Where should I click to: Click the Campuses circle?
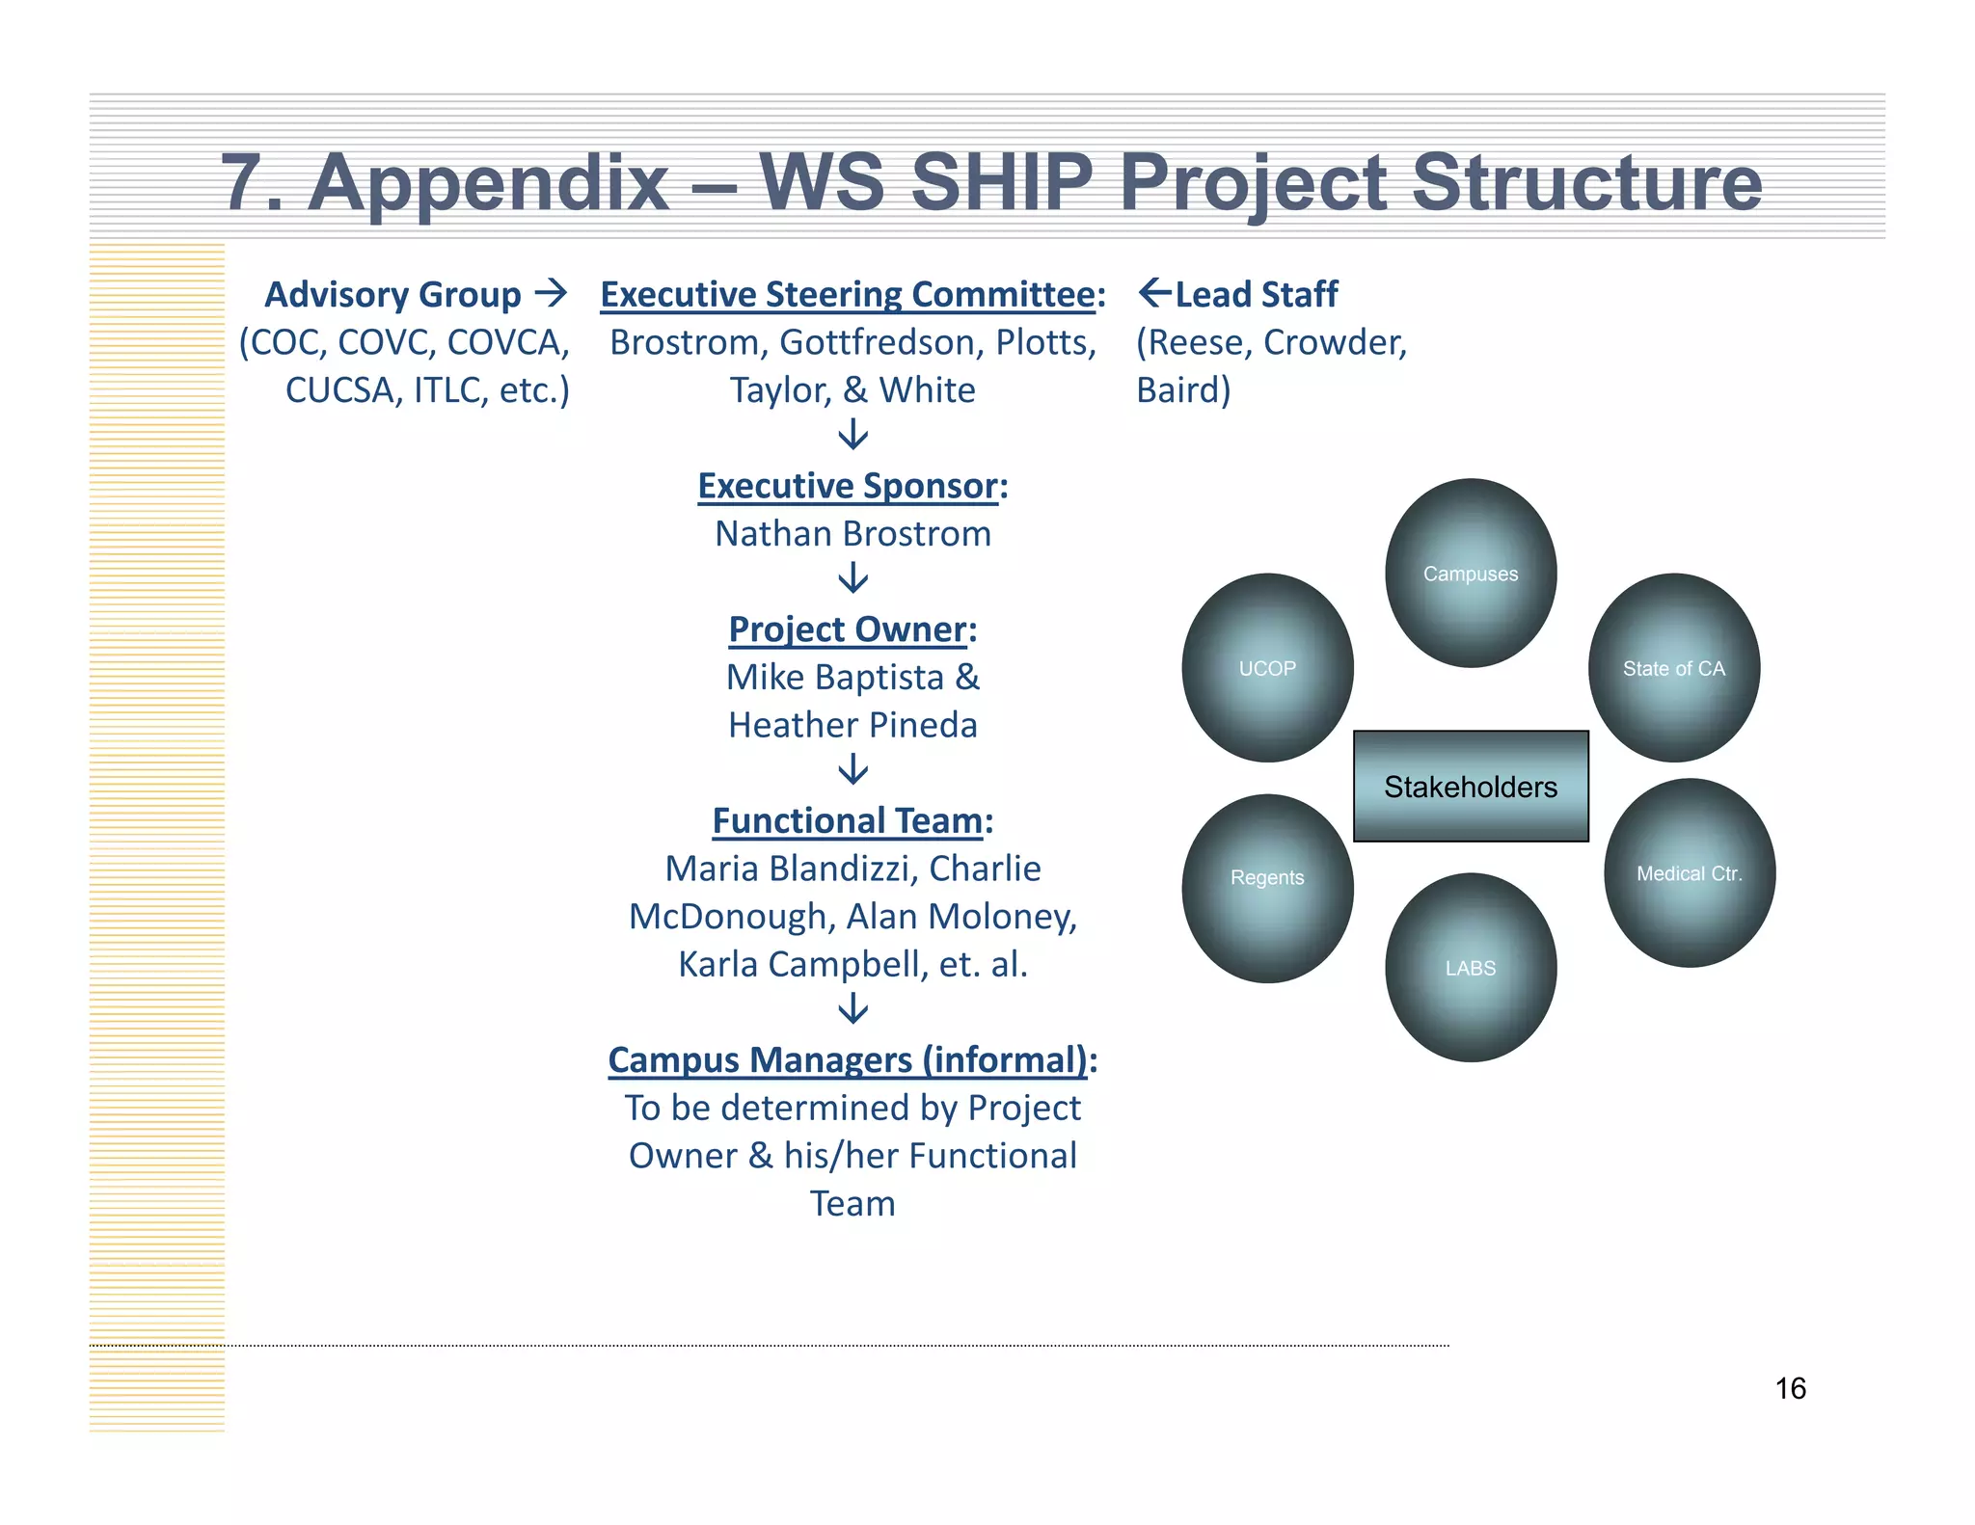point(1471,574)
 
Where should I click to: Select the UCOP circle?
point(1267,668)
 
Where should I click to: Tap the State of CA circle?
point(1674,668)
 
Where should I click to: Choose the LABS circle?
point(1471,968)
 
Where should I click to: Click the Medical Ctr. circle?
point(1690,873)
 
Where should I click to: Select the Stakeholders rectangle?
point(1471,787)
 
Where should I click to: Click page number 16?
point(1790,1388)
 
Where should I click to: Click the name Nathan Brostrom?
point(852,534)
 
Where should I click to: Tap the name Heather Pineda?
point(852,725)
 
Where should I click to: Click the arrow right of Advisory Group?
point(551,292)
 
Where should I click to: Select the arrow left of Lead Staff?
point(1154,292)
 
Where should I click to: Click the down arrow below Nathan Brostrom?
point(852,578)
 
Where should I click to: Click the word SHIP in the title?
point(1001,182)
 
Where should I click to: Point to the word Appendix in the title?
point(488,182)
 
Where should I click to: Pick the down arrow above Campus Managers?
point(852,1009)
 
